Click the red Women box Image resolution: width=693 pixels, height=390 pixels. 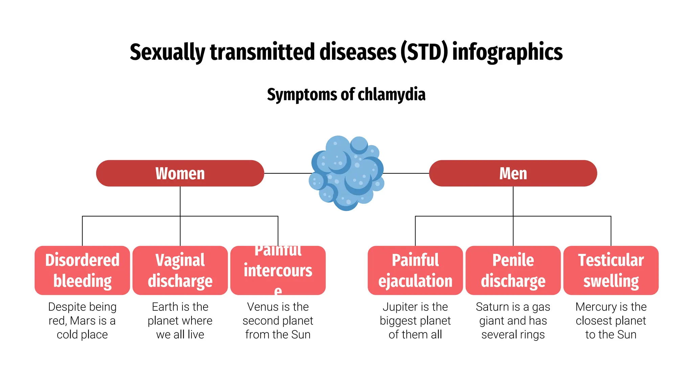[180, 173]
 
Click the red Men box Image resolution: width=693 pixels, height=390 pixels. [513, 173]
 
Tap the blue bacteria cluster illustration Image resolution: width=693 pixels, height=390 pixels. [346, 173]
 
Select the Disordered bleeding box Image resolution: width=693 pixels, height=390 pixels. [82, 270]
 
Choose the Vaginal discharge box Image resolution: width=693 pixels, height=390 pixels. [180, 270]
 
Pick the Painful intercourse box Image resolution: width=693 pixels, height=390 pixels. [278, 270]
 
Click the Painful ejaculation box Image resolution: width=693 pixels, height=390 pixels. [415, 270]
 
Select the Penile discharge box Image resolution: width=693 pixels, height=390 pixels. [513, 270]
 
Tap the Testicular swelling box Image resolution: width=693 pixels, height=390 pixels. [611, 270]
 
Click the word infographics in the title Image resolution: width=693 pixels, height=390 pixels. [507, 52]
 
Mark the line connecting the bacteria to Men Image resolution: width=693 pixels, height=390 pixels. [406, 173]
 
